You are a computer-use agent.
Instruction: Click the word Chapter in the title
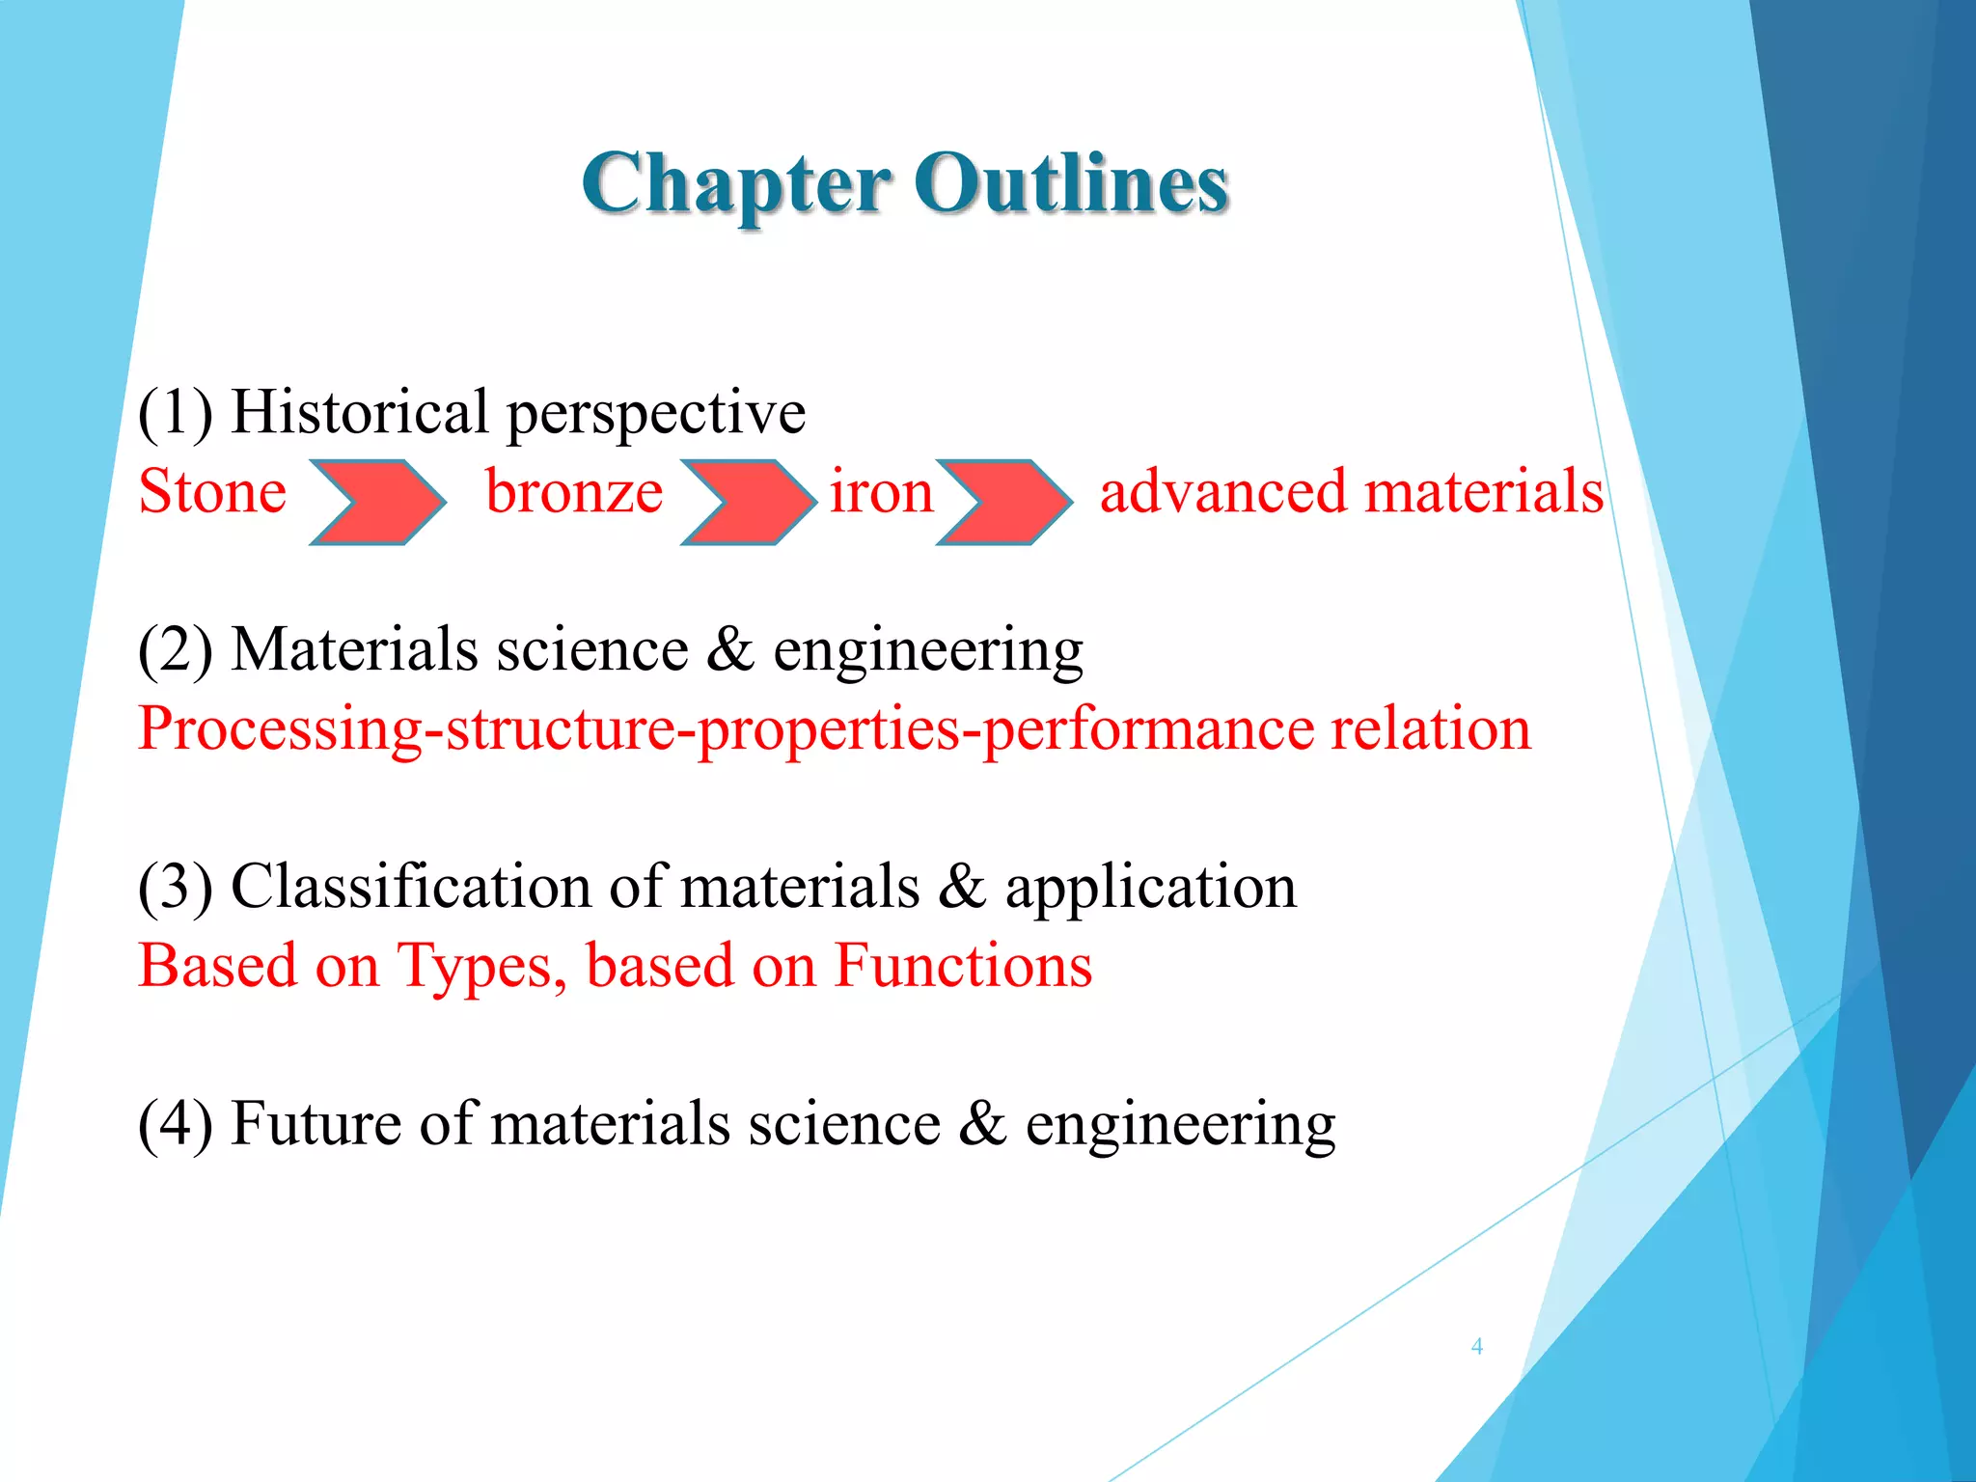pyautogui.click(x=735, y=185)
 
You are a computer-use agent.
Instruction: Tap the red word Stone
pyautogui.click(x=212, y=492)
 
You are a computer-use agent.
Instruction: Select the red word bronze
pyautogui.click(x=574, y=492)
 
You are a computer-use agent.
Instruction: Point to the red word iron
pyautogui.click(x=881, y=492)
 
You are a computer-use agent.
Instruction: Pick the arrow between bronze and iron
pyautogui.click(x=749, y=503)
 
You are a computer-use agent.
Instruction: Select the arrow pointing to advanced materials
pyautogui.click(x=1004, y=503)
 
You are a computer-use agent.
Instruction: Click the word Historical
pyautogui.click(x=359, y=413)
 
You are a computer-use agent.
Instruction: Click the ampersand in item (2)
pyautogui.click(x=729, y=650)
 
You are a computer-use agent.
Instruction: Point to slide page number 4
pyautogui.click(x=1476, y=1347)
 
